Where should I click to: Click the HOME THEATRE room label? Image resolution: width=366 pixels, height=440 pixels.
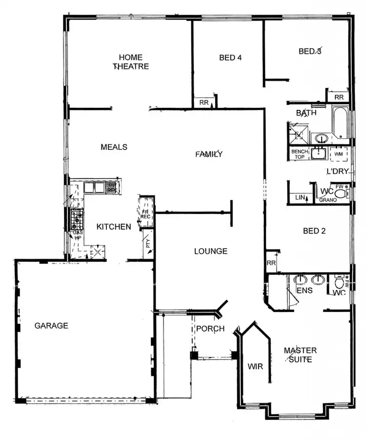point(131,62)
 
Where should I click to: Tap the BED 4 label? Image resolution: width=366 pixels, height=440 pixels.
point(230,57)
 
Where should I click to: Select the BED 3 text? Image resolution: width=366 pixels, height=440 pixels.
point(310,51)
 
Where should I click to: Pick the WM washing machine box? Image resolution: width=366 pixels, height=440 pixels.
point(339,154)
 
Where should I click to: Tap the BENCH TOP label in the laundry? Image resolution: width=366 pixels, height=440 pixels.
point(299,154)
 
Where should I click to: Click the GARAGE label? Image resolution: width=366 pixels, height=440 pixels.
point(51,326)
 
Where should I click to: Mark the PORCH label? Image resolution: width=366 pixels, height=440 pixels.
point(210,329)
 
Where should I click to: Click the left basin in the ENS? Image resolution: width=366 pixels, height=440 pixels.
point(300,280)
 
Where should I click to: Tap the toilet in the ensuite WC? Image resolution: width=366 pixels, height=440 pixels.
point(339,282)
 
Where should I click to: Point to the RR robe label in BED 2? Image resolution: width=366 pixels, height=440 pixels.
point(271,263)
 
